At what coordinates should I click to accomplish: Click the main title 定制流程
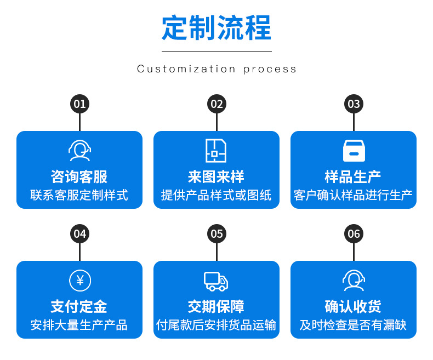[216, 28]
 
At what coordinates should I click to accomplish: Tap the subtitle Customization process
[216, 69]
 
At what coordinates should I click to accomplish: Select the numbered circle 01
[80, 104]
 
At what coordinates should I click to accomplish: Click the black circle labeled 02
[217, 104]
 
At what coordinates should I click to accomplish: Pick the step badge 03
[354, 104]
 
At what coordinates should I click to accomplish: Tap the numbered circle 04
[80, 234]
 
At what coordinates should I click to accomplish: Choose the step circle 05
[217, 234]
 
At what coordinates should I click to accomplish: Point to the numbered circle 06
[354, 234]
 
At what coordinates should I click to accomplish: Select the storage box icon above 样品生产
[354, 151]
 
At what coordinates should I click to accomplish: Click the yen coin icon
[80, 281]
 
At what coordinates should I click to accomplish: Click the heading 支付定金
[79, 306]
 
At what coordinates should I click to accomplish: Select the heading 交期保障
[216, 306]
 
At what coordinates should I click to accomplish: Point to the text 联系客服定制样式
[79, 195]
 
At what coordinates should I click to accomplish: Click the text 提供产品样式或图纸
[216, 195]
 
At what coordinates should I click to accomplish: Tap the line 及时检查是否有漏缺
[353, 325]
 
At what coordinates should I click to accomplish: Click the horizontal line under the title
[217, 51]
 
